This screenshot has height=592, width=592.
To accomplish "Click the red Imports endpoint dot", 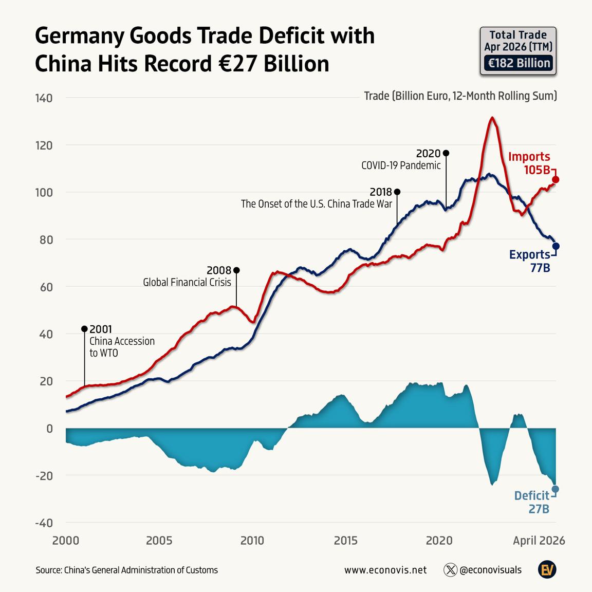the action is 556,180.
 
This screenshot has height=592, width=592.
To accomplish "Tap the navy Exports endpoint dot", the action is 556,246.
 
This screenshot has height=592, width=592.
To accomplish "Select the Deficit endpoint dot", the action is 556,489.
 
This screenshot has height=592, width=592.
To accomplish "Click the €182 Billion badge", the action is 519,63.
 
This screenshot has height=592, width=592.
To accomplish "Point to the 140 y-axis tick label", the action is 44,98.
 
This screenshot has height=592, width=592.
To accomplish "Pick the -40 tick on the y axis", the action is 44,523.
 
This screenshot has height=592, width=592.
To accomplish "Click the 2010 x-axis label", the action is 252,540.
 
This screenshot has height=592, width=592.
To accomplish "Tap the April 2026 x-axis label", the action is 539,541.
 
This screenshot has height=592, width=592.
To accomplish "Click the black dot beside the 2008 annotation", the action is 236,270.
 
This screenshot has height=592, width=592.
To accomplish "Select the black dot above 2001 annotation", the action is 85,329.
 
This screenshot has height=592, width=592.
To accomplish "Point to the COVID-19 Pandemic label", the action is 401,165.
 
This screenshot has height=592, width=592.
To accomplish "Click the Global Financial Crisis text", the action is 187,282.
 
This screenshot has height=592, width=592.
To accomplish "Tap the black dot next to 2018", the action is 397,192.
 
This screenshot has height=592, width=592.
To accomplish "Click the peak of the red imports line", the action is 492,118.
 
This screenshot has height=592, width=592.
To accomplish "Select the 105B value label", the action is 536,170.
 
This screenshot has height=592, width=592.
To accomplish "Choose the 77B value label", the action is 540,268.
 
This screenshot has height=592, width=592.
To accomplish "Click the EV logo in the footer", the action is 547,570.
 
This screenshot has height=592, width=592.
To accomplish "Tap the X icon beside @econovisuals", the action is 450,570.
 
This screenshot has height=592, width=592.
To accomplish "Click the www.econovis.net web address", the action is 385,570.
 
